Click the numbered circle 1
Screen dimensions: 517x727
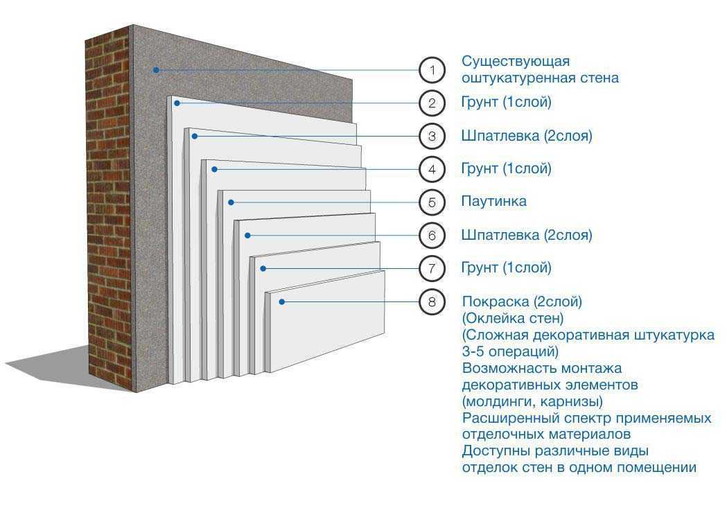tap(432, 70)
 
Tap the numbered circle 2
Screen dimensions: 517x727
tap(432, 103)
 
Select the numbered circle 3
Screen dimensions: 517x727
tap(432, 137)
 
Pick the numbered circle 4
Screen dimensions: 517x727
tap(432, 169)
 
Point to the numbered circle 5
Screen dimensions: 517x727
tap(432, 202)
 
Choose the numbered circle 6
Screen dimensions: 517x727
tap(432, 236)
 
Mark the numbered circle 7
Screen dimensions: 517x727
tap(432, 268)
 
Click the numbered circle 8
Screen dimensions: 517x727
tap(432, 301)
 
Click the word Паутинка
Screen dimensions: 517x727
tap(494, 202)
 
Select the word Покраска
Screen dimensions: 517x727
tap(496, 302)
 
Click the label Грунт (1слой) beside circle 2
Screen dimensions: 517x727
tap(506, 103)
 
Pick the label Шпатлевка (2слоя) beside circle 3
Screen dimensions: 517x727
tap(527, 136)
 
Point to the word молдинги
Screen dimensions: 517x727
tap(500, 401)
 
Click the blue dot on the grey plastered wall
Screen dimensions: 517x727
tap(157, 69)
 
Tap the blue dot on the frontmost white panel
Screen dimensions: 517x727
tap(282, 301)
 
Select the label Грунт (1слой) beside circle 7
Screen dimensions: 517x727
tap(506, 268)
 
